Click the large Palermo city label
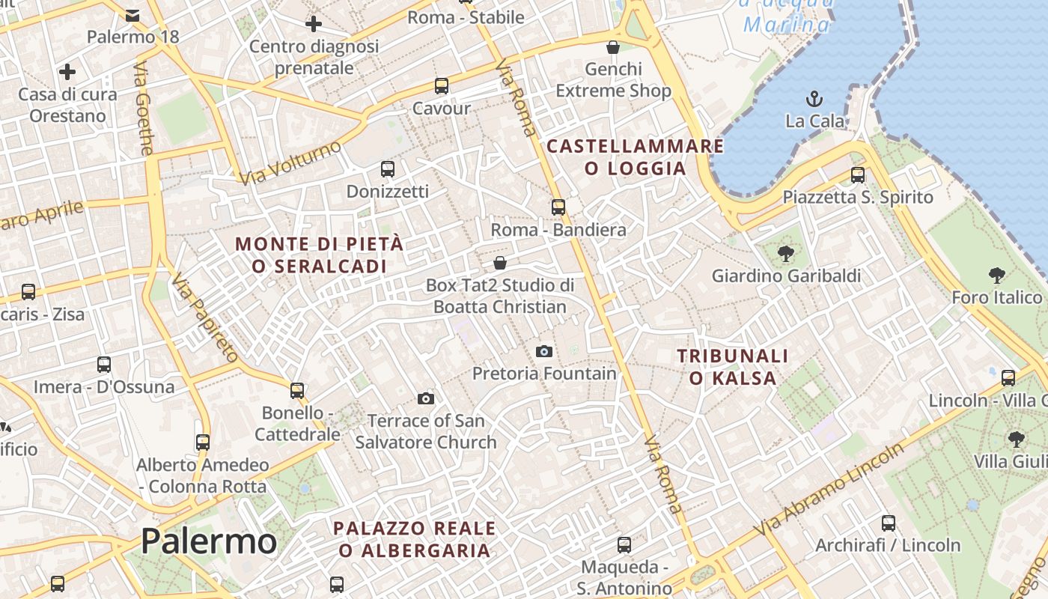click(209, 541)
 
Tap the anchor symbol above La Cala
click(814, 98)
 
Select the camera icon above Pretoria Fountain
click(544, 351)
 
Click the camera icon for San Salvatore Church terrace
click(426, 398)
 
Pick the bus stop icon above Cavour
click(442, 86)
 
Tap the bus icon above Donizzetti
click(387, 169)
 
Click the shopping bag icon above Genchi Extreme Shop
click(613, 48)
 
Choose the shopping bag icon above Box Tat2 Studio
click(500, 263)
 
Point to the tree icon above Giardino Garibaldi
click(785, 254)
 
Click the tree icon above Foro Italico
click(996, 276)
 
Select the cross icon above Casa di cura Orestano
click(67, 72)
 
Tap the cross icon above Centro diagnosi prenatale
click(314, 24)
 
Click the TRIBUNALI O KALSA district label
click(733, 367)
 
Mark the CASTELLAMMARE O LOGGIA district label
click(636, 157)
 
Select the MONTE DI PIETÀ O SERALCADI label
click(320, 255)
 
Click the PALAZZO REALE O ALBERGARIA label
click(414, 539)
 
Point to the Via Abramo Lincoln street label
click(829, 490)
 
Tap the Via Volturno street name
click(290, 162)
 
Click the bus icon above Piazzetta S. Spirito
click(858, 175)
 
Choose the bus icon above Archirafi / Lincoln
click(889, 523)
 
